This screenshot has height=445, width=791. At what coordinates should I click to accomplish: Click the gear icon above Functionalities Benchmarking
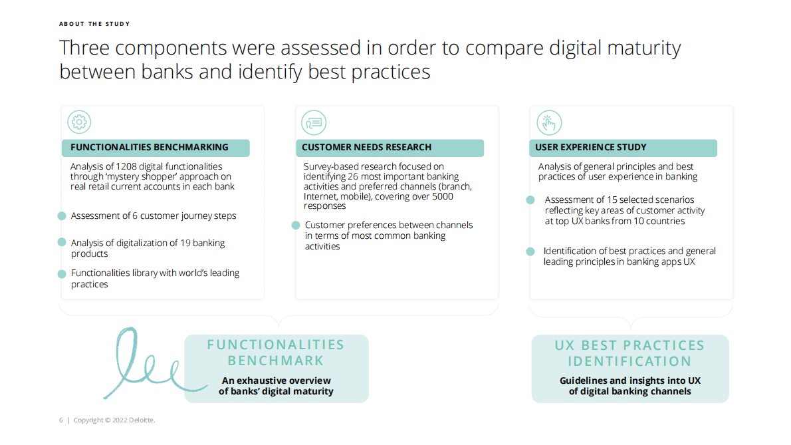(79, 122)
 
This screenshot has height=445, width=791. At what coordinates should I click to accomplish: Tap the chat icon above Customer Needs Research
(314, 122)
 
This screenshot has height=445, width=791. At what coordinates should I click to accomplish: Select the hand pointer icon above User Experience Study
(549, 122)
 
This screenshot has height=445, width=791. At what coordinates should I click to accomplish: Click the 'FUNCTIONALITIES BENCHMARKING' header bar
(156, 148)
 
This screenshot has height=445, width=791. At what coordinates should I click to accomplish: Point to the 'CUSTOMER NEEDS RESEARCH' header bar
(390, 148)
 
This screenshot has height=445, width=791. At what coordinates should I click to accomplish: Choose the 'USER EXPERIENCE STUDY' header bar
(623, 148)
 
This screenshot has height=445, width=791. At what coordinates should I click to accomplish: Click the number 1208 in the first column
(126, 166)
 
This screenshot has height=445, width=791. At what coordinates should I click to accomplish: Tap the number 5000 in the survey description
(443, 196)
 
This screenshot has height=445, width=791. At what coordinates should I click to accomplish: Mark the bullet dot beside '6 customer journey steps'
(62, 216)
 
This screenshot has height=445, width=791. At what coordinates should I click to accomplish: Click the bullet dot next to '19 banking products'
(62, 242)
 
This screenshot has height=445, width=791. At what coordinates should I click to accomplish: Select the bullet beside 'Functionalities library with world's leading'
(62, 274)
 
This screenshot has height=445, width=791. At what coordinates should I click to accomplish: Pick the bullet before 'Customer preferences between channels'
(296, 225)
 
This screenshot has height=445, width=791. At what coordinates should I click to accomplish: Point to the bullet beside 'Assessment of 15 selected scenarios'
(530, 200)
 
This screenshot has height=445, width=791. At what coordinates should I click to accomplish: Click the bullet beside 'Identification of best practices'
(530, 251)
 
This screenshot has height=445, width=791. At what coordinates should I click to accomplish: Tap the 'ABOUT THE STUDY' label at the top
(94, 24)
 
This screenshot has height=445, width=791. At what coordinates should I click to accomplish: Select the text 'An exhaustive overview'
(277, 380)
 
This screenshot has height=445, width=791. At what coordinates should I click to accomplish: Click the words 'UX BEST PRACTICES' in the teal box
(629, 345)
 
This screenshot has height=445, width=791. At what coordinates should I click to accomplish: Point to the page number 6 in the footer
(61, 420)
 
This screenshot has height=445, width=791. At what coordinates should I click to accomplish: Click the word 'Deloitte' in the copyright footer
(141, 420)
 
